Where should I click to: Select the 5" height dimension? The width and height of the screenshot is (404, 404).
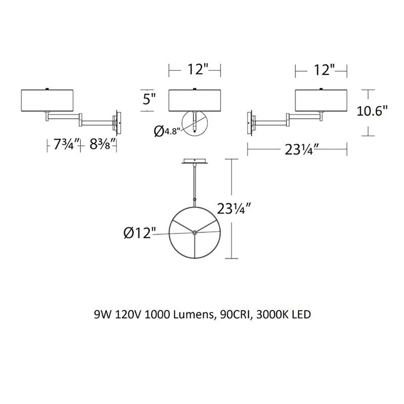149,99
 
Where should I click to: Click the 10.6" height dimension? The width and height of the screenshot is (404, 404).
372,112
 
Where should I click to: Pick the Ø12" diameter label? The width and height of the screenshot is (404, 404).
140,234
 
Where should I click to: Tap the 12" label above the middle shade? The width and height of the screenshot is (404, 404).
198,69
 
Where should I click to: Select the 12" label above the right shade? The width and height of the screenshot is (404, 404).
324,69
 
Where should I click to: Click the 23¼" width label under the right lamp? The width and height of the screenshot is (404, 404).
299,149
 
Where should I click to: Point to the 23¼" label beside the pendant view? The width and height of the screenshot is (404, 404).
234,209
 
